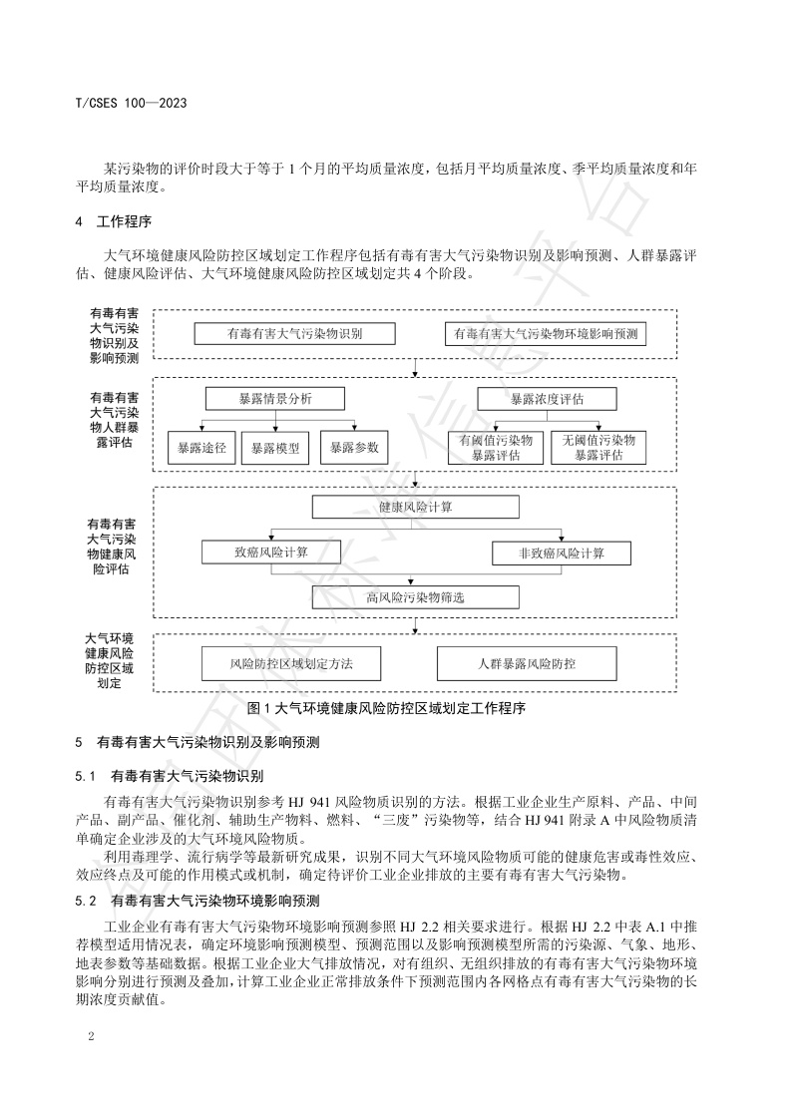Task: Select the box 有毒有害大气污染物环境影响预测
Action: coord(546,334)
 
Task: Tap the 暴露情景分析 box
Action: coord(274,399)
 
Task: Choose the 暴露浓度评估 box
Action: coord(547,399)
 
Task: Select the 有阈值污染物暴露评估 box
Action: coord(496,447)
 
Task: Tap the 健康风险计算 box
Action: coord(415,508)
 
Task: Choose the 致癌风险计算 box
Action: coord(270,552)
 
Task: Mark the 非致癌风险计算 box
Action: coord(562,552)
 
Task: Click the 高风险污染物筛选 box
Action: coord(415,597)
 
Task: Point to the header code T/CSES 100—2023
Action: coord(132,103)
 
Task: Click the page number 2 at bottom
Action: coord(91,1038)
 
